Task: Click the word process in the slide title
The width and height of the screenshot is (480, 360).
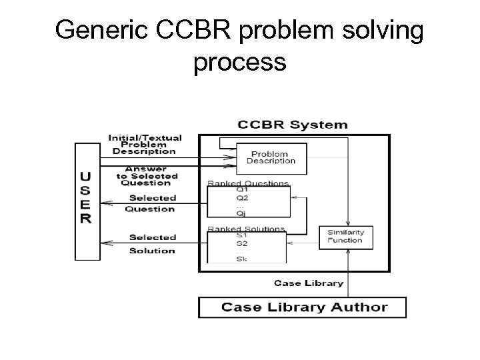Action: (240, 63)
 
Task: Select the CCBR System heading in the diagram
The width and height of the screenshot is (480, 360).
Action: (293, 124)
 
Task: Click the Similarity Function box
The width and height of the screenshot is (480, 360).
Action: (345, 236)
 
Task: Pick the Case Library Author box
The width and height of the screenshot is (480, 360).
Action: (302, 307)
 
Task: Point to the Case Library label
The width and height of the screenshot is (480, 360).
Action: (309, 283)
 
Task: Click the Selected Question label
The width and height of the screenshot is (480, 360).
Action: (151, 203)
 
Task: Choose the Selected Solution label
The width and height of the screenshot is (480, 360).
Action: (152, 244)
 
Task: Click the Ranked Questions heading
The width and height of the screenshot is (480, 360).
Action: (248, 183)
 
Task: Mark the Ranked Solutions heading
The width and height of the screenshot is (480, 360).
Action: (246, 229)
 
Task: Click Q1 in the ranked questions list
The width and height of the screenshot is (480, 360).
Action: (242, 189)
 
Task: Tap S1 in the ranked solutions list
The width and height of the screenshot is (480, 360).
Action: (241, 235)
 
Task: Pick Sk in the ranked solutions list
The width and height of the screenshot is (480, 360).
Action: (241, 259)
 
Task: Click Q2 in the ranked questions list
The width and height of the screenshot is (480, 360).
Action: (242, 197)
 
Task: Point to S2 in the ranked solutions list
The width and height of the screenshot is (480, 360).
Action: (241, 244)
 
